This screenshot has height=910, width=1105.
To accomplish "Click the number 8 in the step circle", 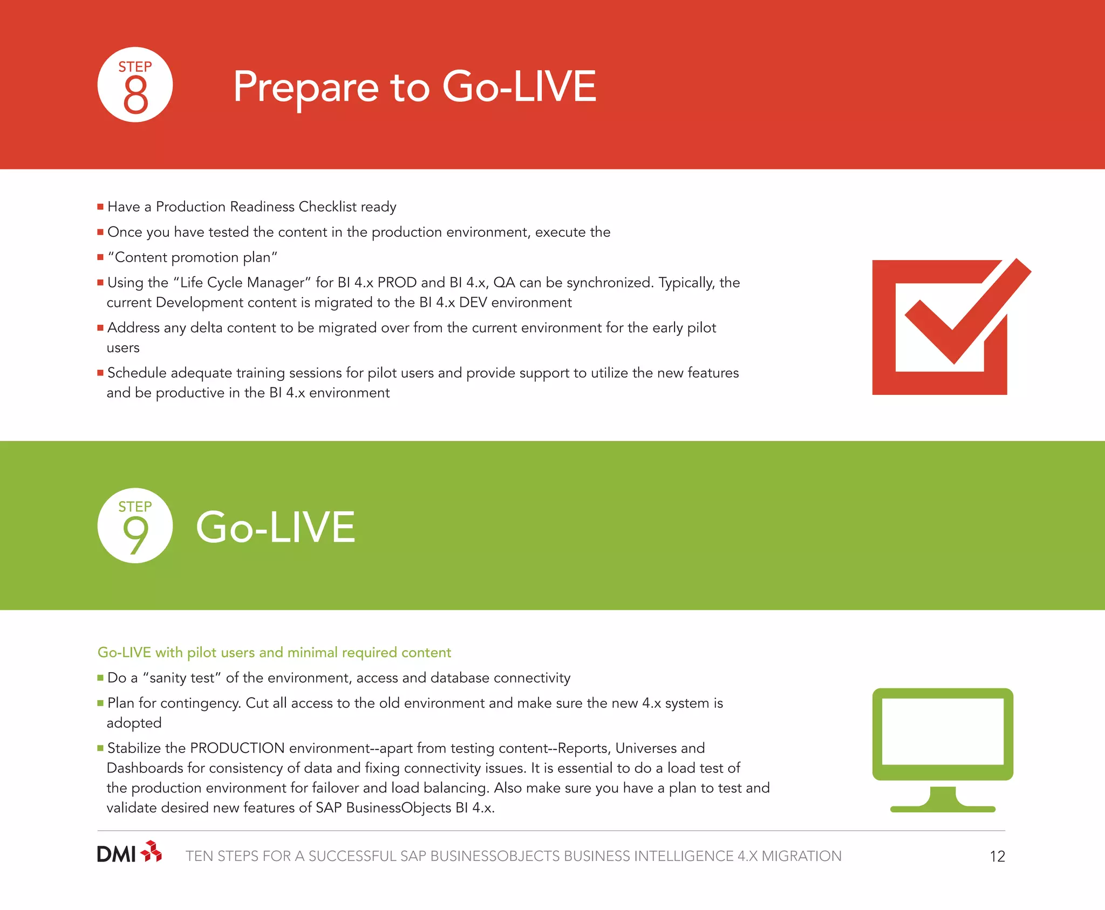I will coord(135,94).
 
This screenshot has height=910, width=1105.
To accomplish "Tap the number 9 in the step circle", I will coord(135,535).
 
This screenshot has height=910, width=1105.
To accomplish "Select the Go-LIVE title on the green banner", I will coord(275,527).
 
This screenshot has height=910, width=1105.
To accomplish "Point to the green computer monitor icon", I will coord(943,749).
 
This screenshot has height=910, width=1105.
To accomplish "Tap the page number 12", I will coord(997,857).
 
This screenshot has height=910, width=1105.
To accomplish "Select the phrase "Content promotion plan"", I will coord(193,257).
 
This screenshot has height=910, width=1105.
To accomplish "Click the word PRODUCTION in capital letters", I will coord(237,748).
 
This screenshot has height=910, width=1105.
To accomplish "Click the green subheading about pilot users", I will coord(274,653).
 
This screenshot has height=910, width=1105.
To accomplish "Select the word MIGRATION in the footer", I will coord(801,857).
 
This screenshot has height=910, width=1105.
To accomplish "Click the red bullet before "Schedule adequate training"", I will coord(100,373).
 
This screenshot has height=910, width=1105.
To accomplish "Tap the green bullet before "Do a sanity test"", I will coord(100,678).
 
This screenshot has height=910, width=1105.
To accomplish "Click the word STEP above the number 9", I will coord(135,507).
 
